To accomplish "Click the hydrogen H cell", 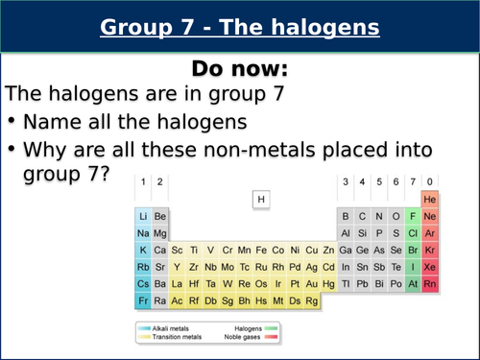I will pyautogui.click(x=260, y=199).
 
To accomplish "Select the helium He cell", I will pyautogui.click(x=430, y=199).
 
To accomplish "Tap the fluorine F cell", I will pyautogui.click(x=412, y=216).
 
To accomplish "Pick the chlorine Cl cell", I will pyautogui.click(x=412, y=232).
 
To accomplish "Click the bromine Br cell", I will pyautogui.click(x=412, y=250).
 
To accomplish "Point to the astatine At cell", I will pyautogui.click(x=412, y=284).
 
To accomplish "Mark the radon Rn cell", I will pyautogui.click(x=430, y=284).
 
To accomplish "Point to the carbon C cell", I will pyautogui.click(x=362, y=216).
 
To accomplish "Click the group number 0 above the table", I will pyautogui.click(x=430, y=181).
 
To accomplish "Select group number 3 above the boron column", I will pyautogui.click(x=345, y=181).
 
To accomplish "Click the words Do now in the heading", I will pyautogui.click(x=240, y=68).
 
